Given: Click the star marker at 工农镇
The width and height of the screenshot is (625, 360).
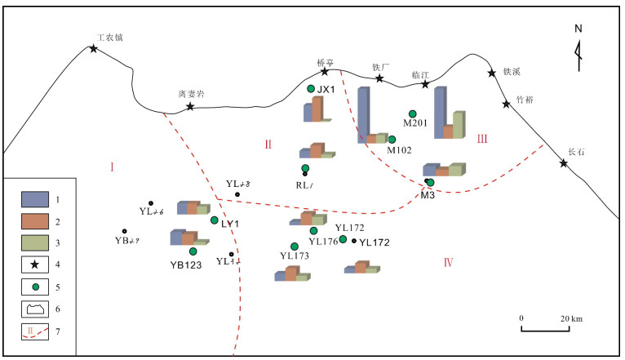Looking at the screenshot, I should (94, 49).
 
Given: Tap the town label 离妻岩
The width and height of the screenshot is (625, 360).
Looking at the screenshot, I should (191, 94).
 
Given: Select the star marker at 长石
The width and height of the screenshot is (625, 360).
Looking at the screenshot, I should (564, 163).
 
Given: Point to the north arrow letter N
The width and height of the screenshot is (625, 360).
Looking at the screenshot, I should (578, 28).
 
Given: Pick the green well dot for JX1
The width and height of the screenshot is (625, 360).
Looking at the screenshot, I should (311, 88).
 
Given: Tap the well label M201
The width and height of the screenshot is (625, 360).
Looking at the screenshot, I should (416, 124).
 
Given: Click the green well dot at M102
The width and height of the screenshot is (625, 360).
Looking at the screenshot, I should (392, 140).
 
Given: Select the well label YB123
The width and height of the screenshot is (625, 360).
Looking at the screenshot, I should (186, 264).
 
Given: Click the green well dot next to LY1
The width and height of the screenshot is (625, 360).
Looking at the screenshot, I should (215, 220).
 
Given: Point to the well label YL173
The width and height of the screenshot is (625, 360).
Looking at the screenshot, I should (295, 256).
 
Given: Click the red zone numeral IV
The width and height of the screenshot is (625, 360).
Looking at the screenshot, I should (448, 262).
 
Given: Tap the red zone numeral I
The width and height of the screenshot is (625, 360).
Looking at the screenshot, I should (112, 167).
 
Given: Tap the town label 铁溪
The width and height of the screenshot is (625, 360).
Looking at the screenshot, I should (512, 72).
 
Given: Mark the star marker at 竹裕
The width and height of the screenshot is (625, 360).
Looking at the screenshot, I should (506, 104).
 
